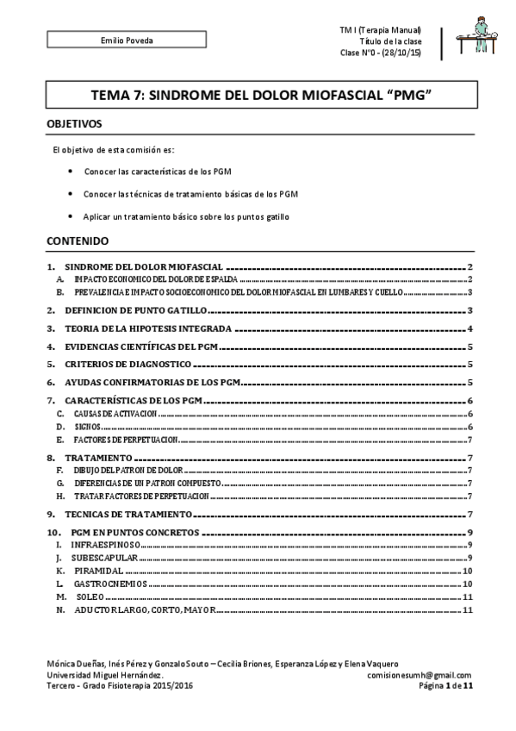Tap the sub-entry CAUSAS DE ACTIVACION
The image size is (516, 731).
point(115,415)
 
